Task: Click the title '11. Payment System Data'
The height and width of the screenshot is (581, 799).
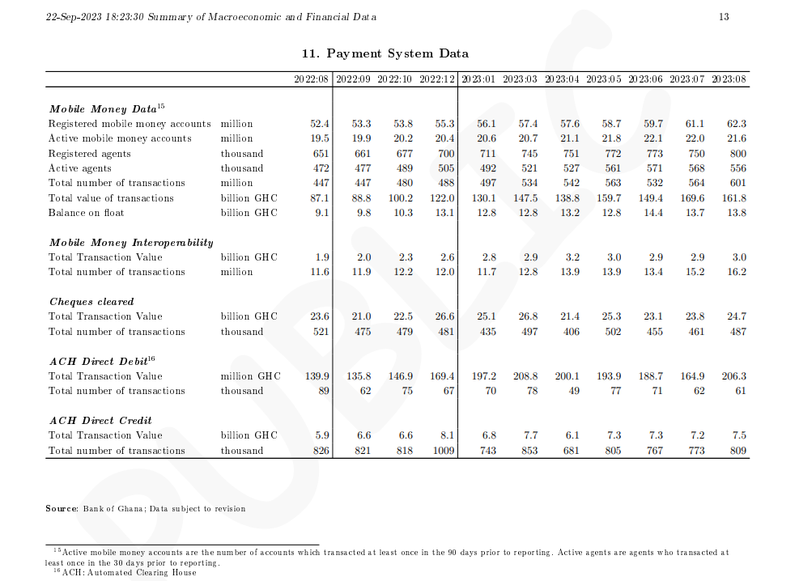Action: pyautogui.click(x=385, y=53)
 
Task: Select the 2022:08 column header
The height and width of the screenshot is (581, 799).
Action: pyautogui.click(x=312, y=79)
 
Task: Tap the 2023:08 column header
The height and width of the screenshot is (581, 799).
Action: pyautogui.click(x=729, y=79)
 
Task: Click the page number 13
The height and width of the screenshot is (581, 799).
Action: pyautogui.click(x=724, y=17)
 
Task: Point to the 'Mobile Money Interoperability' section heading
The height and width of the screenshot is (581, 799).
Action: pyautogui.click(x=131, y=243)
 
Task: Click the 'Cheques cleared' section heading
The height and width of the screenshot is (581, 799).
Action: pyautogui.click(x=91, y=302)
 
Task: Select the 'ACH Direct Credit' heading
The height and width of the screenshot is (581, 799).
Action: pyautogui.click(x=100, y=421)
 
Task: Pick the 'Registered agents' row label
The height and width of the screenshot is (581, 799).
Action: pyautogui.click(x=87, y=154)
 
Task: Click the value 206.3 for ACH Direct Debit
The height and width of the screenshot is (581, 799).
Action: pyautogui.click(x=733, y=376)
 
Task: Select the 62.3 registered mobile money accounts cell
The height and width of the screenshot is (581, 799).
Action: pyautogui.click(x=736, y=124)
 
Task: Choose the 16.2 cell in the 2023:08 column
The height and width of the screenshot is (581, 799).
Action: pyautogui.click(x=736, y=272)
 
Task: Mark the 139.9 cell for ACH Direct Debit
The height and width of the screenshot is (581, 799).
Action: pyautogui.click(x=317, y=376)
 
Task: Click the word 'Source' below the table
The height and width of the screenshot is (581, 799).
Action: pyautogui.click(x=62, y=509)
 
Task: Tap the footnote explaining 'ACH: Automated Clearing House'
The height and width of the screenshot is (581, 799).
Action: pyautogui.click(x=125, y=573)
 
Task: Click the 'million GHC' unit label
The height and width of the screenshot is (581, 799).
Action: pyautogui.click(x=250, y=376)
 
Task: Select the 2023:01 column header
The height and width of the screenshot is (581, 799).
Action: pyautogui.click(x=478, y=79)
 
